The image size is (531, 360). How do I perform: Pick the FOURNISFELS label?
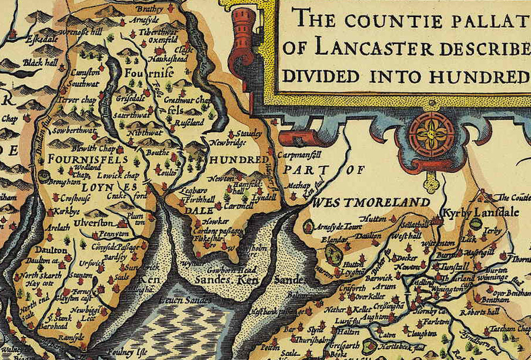tap(77, 160)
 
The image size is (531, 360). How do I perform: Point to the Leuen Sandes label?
tap(184, 301)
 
